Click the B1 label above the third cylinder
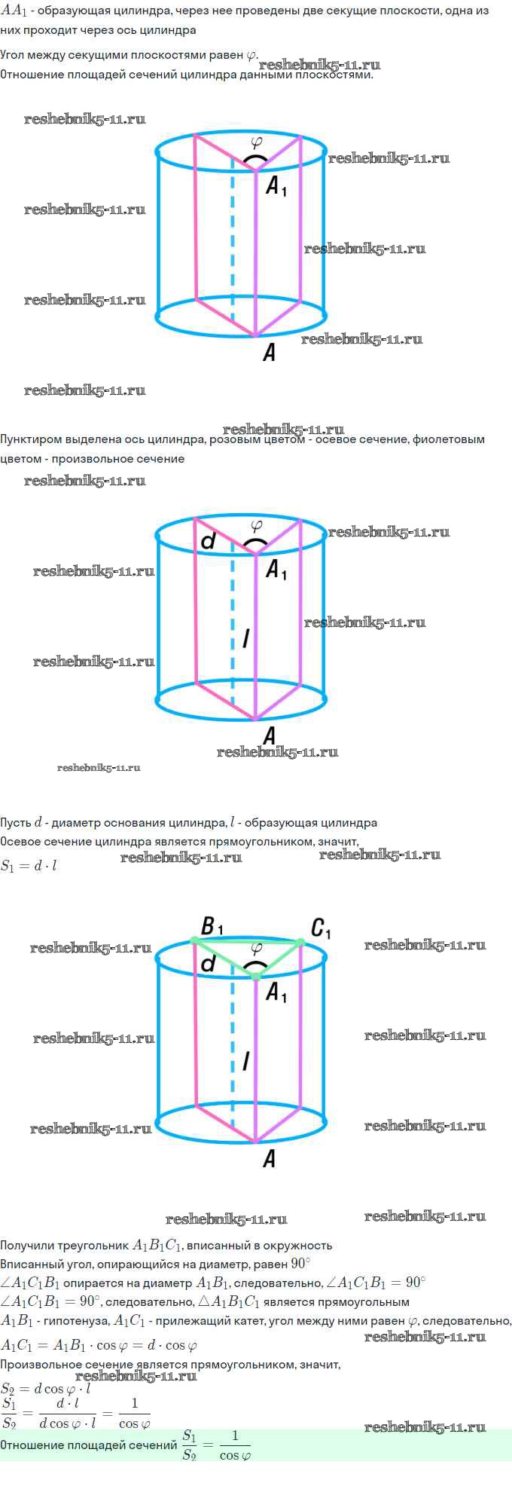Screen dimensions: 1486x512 click(x=211, y=925)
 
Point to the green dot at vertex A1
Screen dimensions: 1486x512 click(x=256, y=976)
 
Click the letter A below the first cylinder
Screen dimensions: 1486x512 click(x=269, y=352)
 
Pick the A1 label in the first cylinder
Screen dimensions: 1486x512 click(x=276, y=185)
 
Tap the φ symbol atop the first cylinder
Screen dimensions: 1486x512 click(x=256, y=141)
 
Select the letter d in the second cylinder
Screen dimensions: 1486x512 click(x=209, y=540)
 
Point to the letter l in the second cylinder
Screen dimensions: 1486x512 click(x=245, y=639)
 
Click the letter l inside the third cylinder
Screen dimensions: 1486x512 click(x=245, y=1061)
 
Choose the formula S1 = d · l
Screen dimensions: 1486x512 click(x=29, y=866)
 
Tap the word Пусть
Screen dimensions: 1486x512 click(x=16, y=822)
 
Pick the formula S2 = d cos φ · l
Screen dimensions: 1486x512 click(x=46, y=1388)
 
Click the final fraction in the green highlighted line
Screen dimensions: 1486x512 click(x=234, y=1445)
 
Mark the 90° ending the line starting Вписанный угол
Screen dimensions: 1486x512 click(x=300, y=1264)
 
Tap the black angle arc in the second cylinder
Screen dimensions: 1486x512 click(x=256, y=541)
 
